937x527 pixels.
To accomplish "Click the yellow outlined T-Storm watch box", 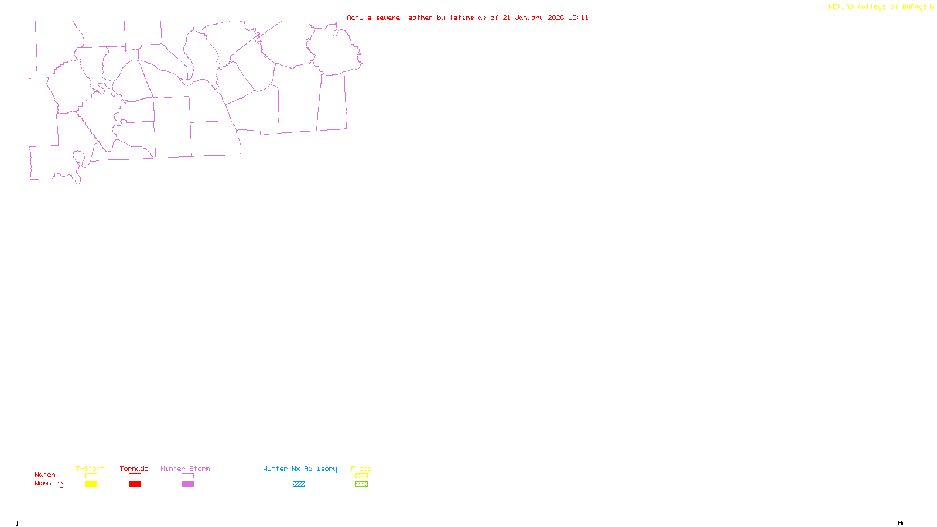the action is (x=91, y=476).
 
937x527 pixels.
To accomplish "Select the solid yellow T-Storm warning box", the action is (x=91, y=484).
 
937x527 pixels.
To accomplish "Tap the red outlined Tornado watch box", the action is (x=135, y=476).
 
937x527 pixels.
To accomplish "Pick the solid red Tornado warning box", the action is (x=135, y=484).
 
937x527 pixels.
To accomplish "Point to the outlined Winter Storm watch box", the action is (x=187, y=476).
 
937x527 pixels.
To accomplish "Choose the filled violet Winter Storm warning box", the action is (x=187, y=484).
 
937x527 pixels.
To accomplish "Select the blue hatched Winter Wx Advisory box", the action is (x=299, y=484).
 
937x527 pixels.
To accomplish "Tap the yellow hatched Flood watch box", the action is (x=361, y=476).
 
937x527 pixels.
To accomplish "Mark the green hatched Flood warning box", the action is (x=361, y=484).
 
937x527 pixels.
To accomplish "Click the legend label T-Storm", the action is (x=90, y=468).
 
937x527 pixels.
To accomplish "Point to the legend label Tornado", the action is (x=134, y=468).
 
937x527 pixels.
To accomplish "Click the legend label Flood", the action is (x=361, y=468).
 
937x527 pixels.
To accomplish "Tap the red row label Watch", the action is (x=45, y=475).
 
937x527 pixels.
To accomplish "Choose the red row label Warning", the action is (x=49, y=484).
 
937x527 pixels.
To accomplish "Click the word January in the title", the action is (x=529, y=18).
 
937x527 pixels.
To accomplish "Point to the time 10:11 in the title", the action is (x=578, y=18).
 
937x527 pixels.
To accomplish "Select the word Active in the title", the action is (x=359, y=18).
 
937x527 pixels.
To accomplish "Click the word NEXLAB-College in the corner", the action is (x=857, y=7).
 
